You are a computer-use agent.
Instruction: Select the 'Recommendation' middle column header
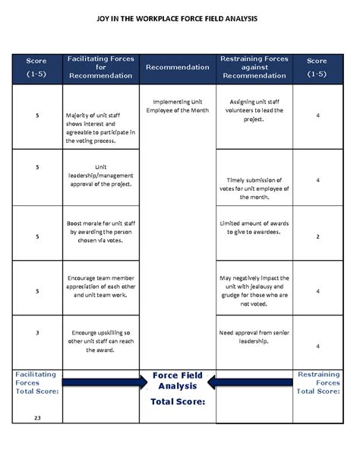pos(177,67)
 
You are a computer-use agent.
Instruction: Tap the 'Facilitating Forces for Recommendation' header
pos(100,67)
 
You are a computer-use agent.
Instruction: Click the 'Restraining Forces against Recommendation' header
pos(254,67)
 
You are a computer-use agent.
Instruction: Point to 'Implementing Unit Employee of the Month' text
pos(177,106)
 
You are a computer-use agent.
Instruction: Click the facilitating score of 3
pos(37,331)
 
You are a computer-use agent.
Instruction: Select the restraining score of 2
pos(317,237)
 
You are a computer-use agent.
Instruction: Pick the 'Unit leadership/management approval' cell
pos(100,176)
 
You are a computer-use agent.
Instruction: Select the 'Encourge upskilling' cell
pos(100,341)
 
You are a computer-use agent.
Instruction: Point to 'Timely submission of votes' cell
pos(254,188)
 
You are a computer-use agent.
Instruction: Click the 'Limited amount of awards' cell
pos(254,227)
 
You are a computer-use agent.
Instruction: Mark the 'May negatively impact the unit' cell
pos(254,290)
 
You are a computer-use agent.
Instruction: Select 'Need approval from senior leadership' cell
pos(254,337)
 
